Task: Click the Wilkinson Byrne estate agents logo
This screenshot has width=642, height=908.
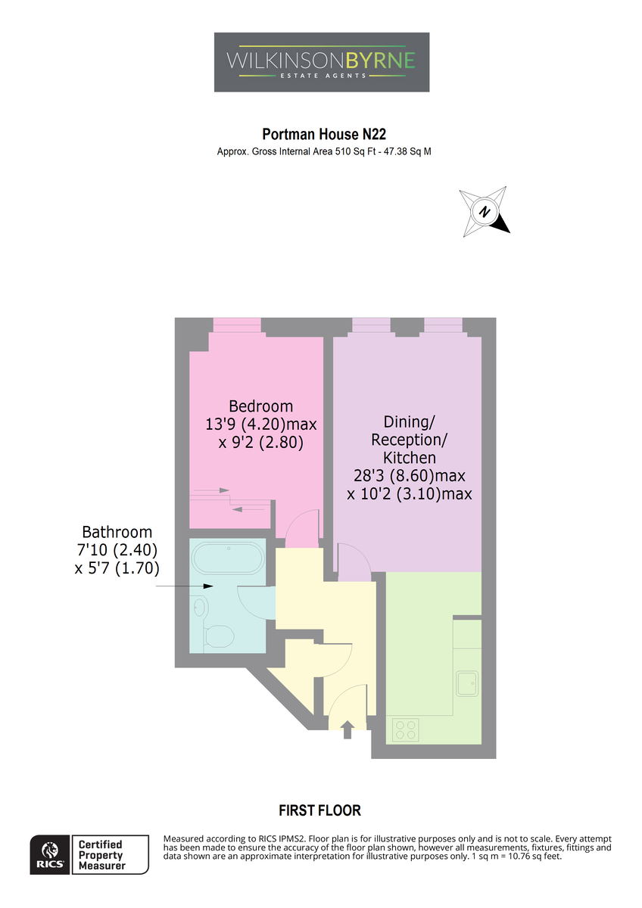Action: tap(321, 62)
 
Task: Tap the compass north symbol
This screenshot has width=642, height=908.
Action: tap(485, 212)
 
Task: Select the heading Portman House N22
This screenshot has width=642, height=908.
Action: tap(323, 134)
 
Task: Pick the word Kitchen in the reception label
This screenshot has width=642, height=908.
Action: tap(410, 458)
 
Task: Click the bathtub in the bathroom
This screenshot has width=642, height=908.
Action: tap(229, 558)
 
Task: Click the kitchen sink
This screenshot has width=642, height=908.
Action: tap(467, 683)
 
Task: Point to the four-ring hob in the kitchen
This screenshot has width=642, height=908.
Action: tap(406, 729)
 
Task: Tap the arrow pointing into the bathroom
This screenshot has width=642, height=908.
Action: tap(185, 586)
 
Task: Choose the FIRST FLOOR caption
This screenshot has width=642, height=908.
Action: tap(319, 810)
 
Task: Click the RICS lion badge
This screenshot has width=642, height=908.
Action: tap(50, 854)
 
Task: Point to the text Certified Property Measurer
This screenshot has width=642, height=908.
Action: tap(101, 855)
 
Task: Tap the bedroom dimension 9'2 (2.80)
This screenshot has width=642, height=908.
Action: tap(260, 442)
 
